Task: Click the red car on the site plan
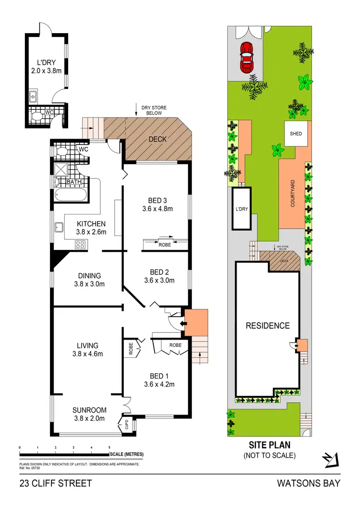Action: coord(247,57)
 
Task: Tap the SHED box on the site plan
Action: coord(295,133)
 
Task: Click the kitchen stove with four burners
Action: coord(81,244)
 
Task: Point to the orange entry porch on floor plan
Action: coord(196,323)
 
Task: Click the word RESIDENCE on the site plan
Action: coord(268,326)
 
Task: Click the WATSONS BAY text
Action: coord(309,483)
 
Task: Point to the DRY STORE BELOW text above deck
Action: coord(154,110)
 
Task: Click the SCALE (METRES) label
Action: coord(126,454)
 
